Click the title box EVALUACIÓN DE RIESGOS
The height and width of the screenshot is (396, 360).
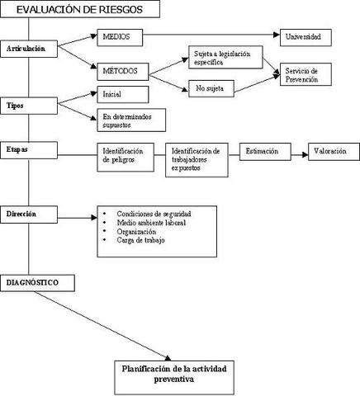pos(75,11)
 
